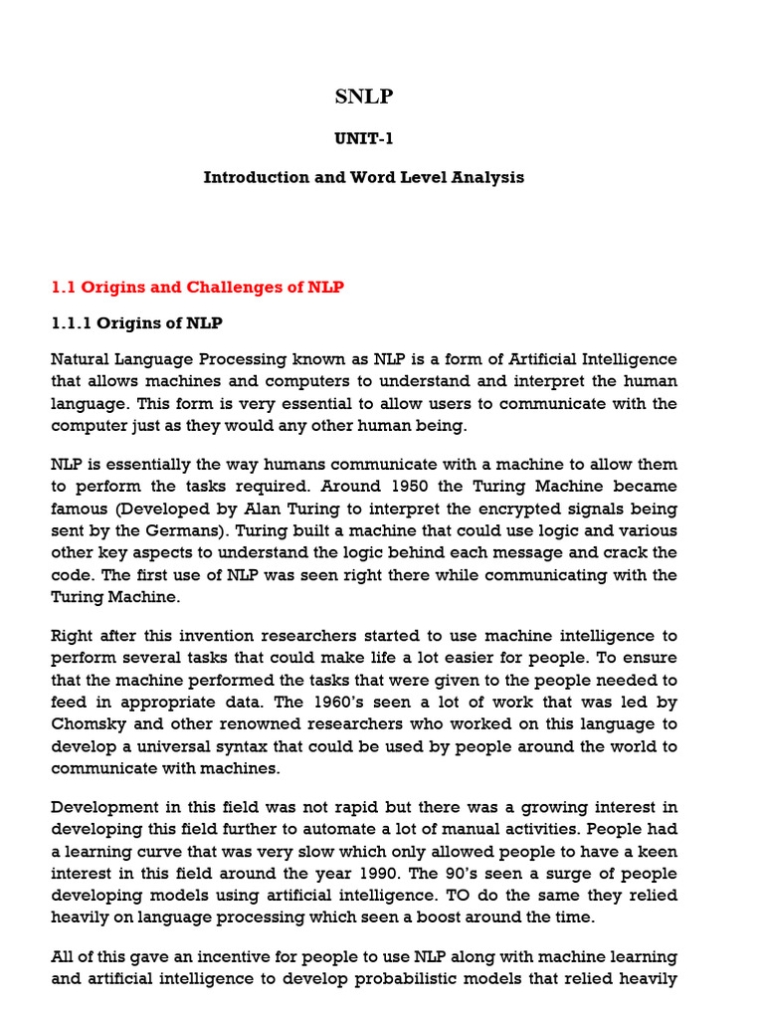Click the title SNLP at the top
coord(363,97)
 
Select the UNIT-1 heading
coord(363,139)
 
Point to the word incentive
coord(215,957)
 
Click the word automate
coord(371,830)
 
